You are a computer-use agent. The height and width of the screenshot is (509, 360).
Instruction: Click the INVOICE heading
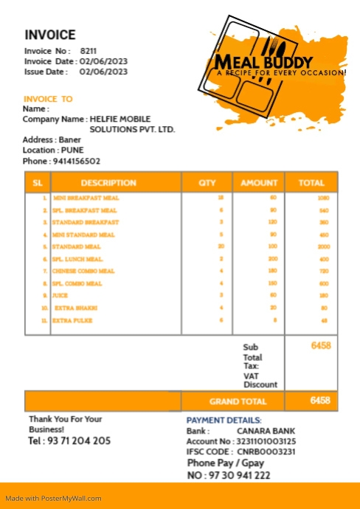click(50, 35)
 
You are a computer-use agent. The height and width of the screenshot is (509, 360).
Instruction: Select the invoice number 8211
click(89, 51)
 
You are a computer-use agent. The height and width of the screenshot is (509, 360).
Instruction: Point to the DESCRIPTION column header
click(108, 183)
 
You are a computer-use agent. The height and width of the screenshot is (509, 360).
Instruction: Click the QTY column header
click(207, 183)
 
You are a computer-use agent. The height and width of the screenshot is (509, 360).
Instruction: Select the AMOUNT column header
click(259, 183)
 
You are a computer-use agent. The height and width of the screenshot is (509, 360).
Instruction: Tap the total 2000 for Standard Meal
click(324, 246)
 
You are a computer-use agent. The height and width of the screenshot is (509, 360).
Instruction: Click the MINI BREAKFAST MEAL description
click(85, 198)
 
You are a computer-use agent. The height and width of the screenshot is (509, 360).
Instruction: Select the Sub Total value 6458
click(321, 345)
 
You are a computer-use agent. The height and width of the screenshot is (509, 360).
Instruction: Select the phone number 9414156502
click(76, 161)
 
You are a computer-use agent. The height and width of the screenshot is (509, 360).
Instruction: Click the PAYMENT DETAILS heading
click(224, 420)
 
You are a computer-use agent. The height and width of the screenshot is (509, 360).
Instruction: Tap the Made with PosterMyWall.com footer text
click(53, 498)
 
